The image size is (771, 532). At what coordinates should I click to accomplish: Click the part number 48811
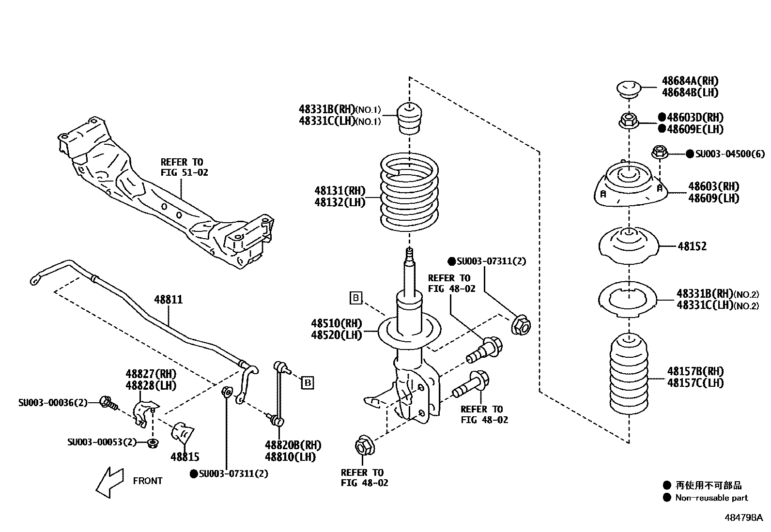tap(169, 300)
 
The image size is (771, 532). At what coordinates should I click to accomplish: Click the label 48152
tap(692, 246)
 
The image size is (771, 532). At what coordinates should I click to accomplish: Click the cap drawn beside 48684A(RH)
tap(629, 89)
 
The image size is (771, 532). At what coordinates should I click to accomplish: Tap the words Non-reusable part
tap(711, 498)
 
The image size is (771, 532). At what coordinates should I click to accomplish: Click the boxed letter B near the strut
tap(356, 298)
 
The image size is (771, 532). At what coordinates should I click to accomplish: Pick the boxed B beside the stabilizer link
tap(307, 383)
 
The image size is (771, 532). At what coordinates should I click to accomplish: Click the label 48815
tap(185, 456)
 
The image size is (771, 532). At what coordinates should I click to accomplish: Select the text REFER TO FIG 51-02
tap(184, 167)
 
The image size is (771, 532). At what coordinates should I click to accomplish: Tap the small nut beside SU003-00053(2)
tap(152, 442)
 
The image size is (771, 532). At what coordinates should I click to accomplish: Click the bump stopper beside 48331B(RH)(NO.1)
tap(409, 119)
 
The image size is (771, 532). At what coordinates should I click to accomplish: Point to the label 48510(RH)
tap(337, 323)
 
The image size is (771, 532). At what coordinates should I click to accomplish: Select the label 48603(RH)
tap(714, 186)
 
